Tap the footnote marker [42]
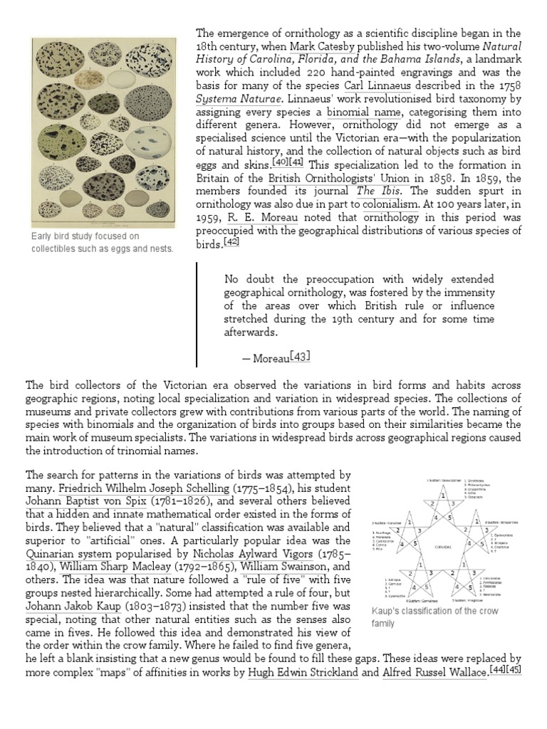(x=231, y=241)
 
